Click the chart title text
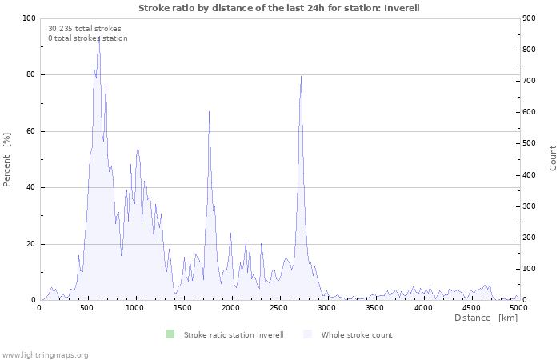(x=278, y=8)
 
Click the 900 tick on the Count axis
(x=532, y=18)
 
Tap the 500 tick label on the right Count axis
(x=532, y=143)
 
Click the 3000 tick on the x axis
(x=327, y=307)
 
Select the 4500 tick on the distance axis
(x=471, y=307)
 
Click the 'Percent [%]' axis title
(x=7, y=159)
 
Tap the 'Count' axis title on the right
(x=553, y=158)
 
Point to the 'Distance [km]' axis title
(x=486, y=318)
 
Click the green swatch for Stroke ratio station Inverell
(x=170, y=334)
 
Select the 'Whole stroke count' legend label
(x=357, y=334)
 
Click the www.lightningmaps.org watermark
(x=45, y=354)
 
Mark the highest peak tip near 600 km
(x=98, y=35)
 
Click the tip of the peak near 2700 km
(x=301, y=76)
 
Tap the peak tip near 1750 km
(x=209, y=111)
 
